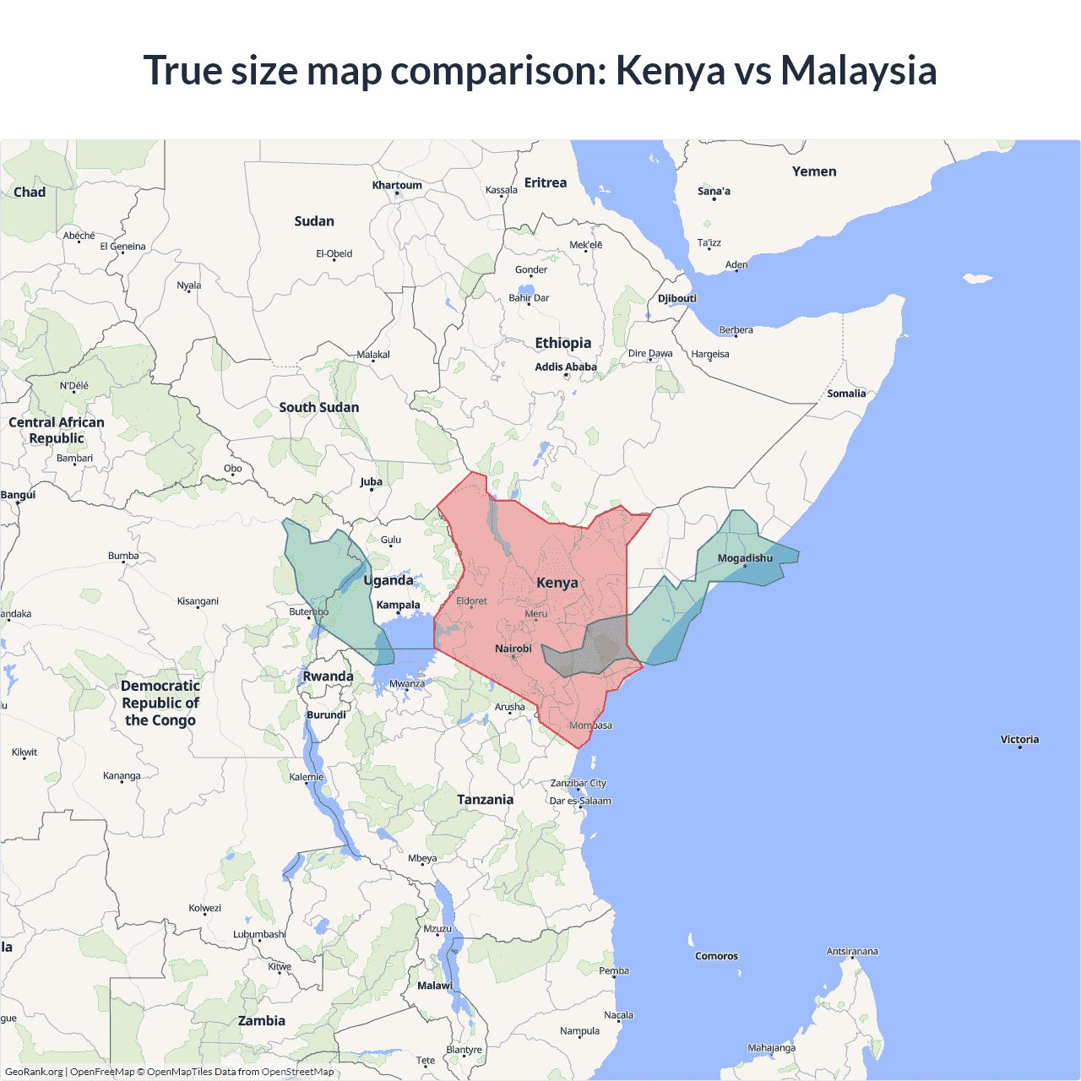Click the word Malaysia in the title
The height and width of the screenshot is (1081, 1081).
click(858, 70)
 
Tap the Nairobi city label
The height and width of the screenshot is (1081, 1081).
click(513, 649)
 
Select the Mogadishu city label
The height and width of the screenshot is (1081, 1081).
click(745, 558)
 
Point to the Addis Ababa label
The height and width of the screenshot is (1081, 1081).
click(566, 367)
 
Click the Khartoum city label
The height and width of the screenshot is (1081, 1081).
click(397, 185)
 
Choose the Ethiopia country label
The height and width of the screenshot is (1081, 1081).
click(563, 343)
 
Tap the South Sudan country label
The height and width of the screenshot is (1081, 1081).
click(319, 407)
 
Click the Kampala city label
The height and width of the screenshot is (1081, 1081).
click(398, 605)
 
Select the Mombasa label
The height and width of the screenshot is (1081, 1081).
click(591, 725)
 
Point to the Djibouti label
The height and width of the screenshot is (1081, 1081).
click(677, 298)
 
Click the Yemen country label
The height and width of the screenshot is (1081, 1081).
click(814, 171)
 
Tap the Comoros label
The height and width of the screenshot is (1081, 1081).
click(716, 956)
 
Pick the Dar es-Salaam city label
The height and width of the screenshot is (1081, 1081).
click(580, 801)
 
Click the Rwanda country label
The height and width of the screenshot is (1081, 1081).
click(328, 676)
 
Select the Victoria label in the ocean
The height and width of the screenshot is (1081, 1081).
click(1019, 739)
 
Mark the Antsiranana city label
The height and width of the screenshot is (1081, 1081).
click(852, 952)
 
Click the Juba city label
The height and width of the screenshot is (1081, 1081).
click(372, 481)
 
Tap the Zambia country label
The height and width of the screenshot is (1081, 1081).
click(262, 1020)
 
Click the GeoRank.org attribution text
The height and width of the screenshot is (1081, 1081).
click(34, 1072)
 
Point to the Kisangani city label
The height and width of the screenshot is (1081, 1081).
click(198, 601)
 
